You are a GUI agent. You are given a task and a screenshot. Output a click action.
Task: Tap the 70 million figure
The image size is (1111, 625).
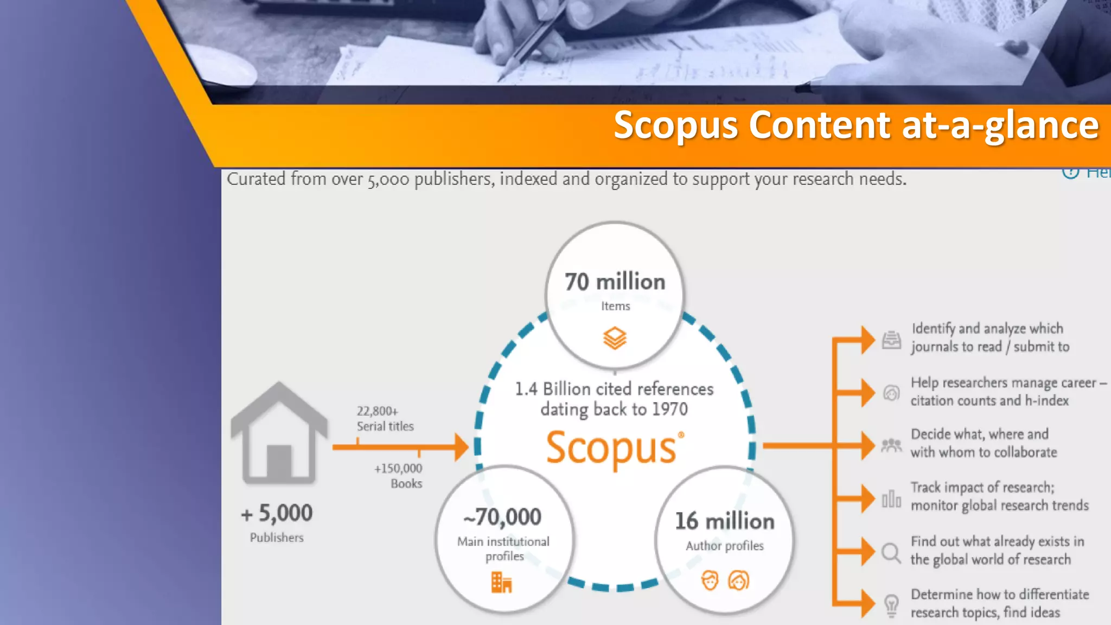(615, 282)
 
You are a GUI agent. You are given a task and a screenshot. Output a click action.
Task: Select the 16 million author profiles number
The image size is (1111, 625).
(725, 521)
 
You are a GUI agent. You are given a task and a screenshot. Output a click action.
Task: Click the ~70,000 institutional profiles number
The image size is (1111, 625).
(502, 517)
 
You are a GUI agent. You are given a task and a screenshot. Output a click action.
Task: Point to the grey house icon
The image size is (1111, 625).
(279, 433)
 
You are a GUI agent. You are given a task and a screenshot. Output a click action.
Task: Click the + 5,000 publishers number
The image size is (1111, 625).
(277, 513)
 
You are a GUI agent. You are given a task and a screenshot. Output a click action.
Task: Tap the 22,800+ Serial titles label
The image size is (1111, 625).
(385, 418)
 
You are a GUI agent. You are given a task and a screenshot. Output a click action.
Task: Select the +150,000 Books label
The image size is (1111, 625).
(399, 476)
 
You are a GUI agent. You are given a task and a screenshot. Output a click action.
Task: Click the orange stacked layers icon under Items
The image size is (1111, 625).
(615, 338)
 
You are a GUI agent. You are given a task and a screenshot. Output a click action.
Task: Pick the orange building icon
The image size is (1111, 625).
(501, 583)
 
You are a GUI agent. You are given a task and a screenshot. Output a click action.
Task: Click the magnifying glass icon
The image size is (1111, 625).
(891, 553)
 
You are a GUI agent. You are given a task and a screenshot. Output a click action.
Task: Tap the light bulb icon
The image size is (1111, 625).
(891, 605)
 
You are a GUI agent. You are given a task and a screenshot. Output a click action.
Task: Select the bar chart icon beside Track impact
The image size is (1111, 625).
(891, 499)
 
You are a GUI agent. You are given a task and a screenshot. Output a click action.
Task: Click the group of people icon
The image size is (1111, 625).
(891, 445)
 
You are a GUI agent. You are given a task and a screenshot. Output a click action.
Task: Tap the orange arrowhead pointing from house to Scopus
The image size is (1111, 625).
(461, 447)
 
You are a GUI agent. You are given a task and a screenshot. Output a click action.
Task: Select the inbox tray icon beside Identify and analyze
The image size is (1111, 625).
(891, 340)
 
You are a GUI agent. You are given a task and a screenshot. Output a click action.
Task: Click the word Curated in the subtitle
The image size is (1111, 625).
(256, 179)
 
